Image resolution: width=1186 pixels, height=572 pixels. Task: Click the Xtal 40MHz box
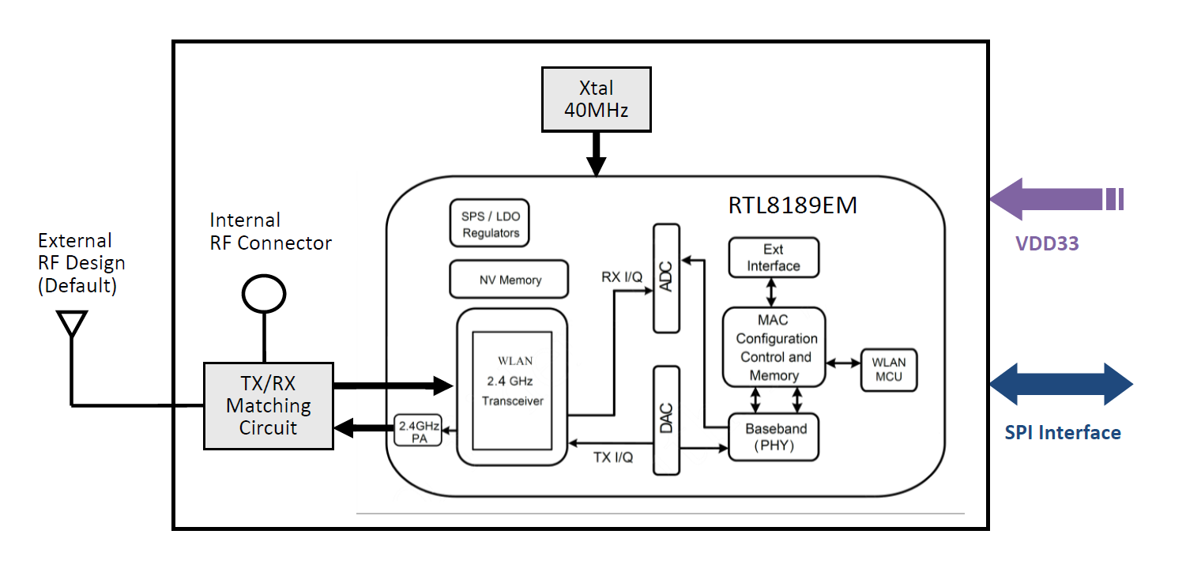[596, 99]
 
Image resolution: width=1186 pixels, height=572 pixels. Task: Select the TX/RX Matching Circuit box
[268, 405]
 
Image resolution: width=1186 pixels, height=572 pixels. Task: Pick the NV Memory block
[510, 280]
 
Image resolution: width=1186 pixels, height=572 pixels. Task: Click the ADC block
[666, 278]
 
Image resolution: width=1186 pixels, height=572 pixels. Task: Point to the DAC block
[666, 420]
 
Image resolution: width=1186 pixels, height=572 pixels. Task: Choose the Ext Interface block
[774, 258]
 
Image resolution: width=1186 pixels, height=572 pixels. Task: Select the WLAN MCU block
[889, 369]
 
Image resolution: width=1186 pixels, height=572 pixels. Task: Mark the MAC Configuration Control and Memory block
[774, 348]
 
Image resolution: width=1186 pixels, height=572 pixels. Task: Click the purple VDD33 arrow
[1055, 199]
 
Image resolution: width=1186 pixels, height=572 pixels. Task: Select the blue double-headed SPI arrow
[1061, 386]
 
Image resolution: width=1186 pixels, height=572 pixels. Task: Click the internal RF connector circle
[263, 295]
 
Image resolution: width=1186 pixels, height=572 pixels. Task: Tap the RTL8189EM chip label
[793, 205]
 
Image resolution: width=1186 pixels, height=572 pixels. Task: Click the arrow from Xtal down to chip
[596, 153]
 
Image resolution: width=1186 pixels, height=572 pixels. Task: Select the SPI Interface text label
[1063, 432]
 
